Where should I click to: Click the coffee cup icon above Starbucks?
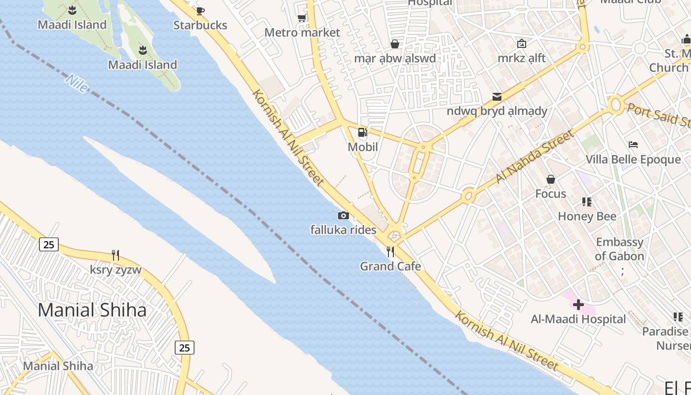200,11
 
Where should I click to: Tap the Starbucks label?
200,25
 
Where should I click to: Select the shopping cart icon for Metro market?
302,18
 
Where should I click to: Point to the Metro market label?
302,33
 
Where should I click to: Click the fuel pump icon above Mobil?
363,132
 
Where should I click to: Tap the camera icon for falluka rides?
343,215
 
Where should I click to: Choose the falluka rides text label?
343,230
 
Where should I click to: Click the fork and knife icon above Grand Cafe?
390,252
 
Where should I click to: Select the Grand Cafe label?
390,267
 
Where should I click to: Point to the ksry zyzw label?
115,270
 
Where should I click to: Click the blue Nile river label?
77,83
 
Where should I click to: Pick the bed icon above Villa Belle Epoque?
633,145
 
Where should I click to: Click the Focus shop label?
551,194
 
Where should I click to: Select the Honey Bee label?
587,216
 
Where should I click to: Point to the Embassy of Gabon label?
619,249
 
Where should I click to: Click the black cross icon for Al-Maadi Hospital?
578,304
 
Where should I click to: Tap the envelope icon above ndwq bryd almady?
497,96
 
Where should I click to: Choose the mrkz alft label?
522,58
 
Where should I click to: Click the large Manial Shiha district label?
92,310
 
